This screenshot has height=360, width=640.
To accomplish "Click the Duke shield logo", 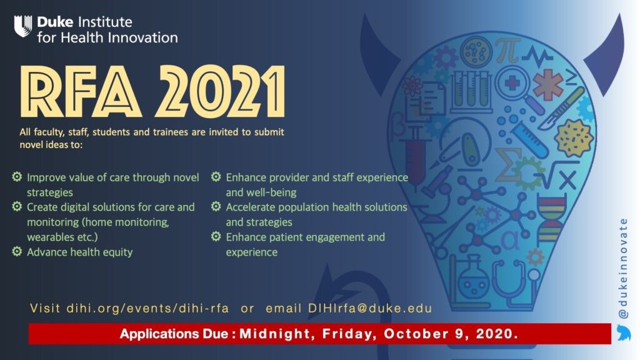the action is coord(23,26).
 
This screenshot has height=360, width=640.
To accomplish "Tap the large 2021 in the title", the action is coord(220,91).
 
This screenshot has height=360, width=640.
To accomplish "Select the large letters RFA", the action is coord(81,91).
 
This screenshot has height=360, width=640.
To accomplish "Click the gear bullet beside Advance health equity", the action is coord(17,251).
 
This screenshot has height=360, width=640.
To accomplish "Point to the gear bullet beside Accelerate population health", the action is coord(216,206).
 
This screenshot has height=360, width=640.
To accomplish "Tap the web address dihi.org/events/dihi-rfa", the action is coord(147,308).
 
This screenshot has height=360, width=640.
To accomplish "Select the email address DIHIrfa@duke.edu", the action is coord(370,308).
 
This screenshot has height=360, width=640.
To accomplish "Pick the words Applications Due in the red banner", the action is coord(174,334).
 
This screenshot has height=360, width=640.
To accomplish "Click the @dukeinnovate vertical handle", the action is coord(623,268).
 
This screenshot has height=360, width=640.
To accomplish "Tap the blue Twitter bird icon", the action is coord(624,332).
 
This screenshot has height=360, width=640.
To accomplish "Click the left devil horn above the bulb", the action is coord(379,53).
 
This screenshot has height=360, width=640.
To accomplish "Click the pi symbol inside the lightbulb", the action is coord(507,50).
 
